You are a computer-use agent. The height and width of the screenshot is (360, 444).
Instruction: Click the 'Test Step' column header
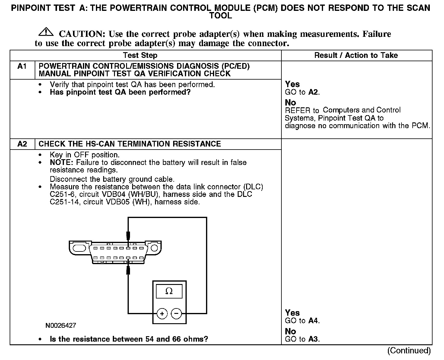pyautogui.click(x=140, y=55)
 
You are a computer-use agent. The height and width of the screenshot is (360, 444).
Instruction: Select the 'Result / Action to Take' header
pyautogui.click(x=356, y=55)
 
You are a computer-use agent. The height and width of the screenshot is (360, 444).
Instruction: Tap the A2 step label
pyautogui.click(x=22, y=144)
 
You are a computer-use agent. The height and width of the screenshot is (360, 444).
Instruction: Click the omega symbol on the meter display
pyautogui.click(x=169, y=291)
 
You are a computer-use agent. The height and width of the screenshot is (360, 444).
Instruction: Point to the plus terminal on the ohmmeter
pyautogui.click(x=162, y=314)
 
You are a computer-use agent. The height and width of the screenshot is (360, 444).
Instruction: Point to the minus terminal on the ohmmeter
pyautogui.click(x=176, y=314)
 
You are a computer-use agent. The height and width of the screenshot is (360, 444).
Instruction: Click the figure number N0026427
pyautogui.click(x=61, y=326)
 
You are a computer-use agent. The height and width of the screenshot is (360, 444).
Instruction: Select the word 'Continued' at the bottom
pyautogui.click(x=409, y=351)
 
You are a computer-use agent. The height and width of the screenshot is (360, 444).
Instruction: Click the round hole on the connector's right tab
pyautogui.click(x=154, y=248)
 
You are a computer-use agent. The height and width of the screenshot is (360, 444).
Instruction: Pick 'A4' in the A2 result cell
pyautogui.click(x=314, y=321)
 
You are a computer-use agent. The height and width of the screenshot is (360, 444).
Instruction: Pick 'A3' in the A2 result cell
pyautogui.click(x=314, y=339)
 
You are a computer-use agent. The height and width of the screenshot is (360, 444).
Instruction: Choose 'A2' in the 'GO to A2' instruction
pyautogui.click(x=314, y=92)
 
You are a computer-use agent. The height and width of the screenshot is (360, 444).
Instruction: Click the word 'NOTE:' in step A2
pyautogui.click(x=62, y=163)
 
